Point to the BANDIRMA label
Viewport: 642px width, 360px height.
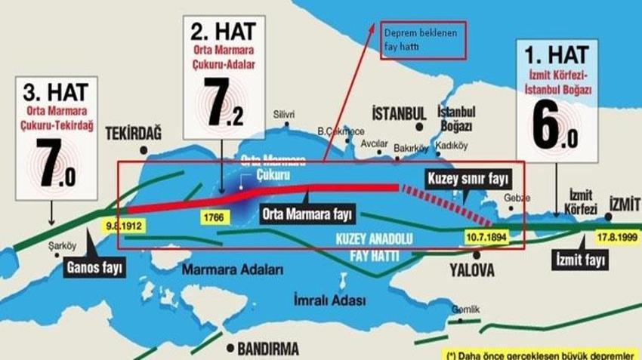[267, 349]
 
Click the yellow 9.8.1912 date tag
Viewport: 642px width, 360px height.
[125, 226]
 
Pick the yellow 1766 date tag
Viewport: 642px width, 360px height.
[213, 217]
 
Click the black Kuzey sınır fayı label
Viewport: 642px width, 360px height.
[469, 180]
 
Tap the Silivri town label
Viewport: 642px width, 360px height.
[284, 115]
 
